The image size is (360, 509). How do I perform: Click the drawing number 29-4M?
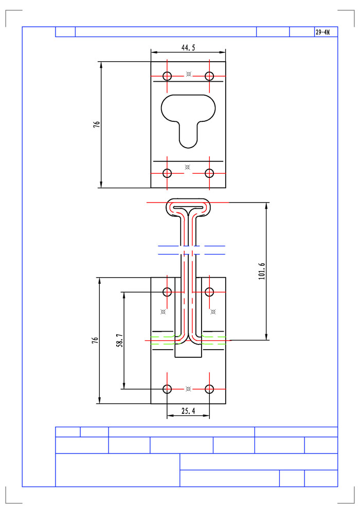coord(322,32)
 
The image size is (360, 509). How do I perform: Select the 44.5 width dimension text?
coord(188,47)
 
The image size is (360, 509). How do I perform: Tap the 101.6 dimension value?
coord(261,271)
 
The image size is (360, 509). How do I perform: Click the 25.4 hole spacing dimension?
coord(188,411)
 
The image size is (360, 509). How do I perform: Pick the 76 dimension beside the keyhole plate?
coord(96,124)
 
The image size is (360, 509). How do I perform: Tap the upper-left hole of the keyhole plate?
coord(167,76)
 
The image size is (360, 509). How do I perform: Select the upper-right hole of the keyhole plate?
coord(209,76)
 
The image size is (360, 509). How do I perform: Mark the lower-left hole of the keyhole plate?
coord(167,173)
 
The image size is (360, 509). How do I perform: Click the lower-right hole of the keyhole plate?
coord(209,173)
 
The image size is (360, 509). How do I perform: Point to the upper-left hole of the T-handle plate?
coord(167,292)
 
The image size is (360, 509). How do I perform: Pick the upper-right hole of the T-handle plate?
coord(209,292)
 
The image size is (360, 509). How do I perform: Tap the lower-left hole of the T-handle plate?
coord(167,389)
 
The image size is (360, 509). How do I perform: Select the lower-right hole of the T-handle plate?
coord(209,389)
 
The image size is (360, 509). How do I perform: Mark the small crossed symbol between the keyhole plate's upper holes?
coord(189,74)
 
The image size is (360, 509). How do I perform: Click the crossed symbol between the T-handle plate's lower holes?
coord(188,389)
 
